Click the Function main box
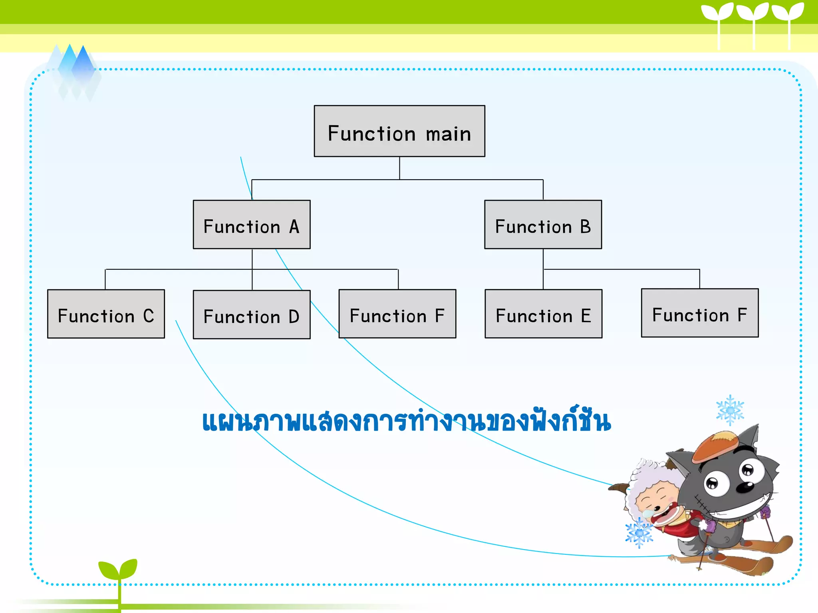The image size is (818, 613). point(399,131)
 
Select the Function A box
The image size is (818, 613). point(252,225)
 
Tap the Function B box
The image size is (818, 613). point(543,225)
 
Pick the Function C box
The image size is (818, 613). point(106,314)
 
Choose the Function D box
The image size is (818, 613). point(252,315)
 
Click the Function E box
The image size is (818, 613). point(543,314)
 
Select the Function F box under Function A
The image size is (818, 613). point(397,314)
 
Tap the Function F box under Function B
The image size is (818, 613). point(699,313)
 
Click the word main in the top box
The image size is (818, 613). point(448,134)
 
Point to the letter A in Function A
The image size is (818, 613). point(294,227)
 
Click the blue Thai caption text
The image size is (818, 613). point(406,421)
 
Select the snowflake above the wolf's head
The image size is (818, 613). point(730,410)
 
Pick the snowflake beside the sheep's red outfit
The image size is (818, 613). point(639,533)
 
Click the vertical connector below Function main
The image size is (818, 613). point(399,168)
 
